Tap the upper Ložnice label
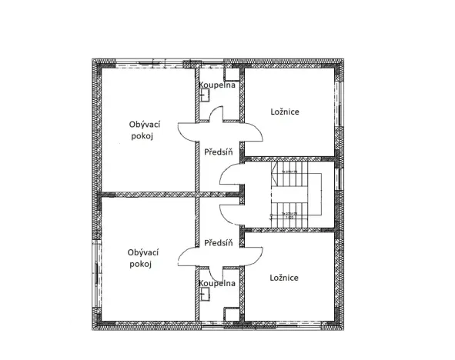pyautogui.click(x=284, y=112)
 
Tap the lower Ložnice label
pyautogui.click(x=284, y=278)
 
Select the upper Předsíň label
pyautogui.click(x=218, y=152)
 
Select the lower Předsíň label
pyautogui.click(x=218, y=243)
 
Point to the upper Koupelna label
pyautogui.click(x=216, y=85)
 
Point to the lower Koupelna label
pyautogui.click(x=216, y=283)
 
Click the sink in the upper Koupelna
pyautogui.click(x=205, y=96)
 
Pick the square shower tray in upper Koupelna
pyautogui.click(x=229, y=75)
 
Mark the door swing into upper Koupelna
pyautogui.click(x=216, y=113)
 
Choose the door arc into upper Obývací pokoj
pyautogui.click(x=188, y=132)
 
